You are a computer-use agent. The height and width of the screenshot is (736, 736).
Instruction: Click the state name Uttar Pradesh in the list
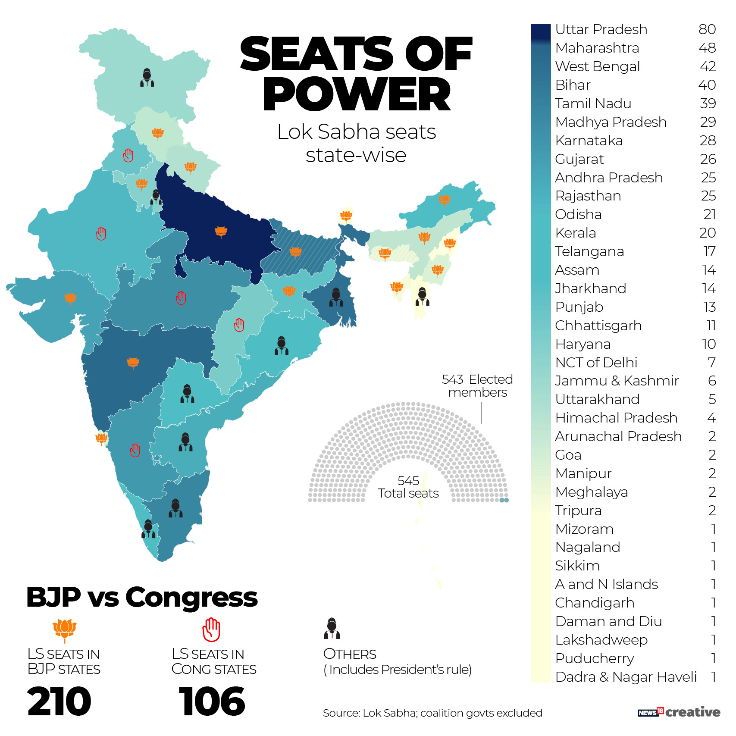pyautogui.click(x=601, y=29)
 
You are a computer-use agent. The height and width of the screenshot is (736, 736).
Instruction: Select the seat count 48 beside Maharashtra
pyautogui.click(x=707, y=48)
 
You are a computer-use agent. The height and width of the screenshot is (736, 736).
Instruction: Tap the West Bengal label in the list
pyautogui.click(x=597, y=66)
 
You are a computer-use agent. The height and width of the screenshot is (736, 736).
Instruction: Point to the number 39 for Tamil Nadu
pyautogui.click(x=708, y=103)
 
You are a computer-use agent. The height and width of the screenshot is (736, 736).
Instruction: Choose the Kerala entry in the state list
pyautogui.click(x=575, y=233)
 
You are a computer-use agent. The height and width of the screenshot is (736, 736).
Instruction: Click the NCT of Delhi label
pyautogui.click(x=596, y=363)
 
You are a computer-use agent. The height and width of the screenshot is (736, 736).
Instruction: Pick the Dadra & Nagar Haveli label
pyautogui.click(x=626, y=677)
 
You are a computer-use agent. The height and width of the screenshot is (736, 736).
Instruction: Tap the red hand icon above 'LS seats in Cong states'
pyautogui.click(x=211, y=630)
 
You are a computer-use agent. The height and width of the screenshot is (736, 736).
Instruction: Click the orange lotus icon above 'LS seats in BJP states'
pyautogui.click(x=65, y=630)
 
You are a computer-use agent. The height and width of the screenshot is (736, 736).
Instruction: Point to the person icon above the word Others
pyautogui.click(x=332, y=629)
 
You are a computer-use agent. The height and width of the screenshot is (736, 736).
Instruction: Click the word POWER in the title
pyautogui.click(x=357, y=94)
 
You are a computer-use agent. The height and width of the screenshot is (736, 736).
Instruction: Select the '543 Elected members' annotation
pyautogui.click(x=477, y=386)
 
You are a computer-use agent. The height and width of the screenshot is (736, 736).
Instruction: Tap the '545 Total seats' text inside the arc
pyautogui.click(x=408, y=487)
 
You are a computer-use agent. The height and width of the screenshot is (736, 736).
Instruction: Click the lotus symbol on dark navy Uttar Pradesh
pyautogui.click(x=221, y=232)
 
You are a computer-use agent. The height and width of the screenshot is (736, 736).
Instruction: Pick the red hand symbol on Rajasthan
pyautogui.click(x=101, y=234)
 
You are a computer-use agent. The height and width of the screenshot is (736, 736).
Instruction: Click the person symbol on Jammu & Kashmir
pyautogui.click(x=147, y=78)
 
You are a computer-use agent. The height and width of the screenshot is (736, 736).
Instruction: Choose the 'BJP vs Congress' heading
pyautogui.click(x=142, y=597)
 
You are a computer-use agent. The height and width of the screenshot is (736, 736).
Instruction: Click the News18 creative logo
pyautogui.click(x=679, y=712)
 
